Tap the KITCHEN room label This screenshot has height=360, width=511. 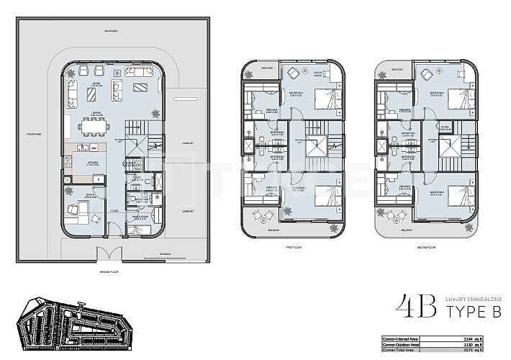[94, 163]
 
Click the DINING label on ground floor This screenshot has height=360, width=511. [92, 112]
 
